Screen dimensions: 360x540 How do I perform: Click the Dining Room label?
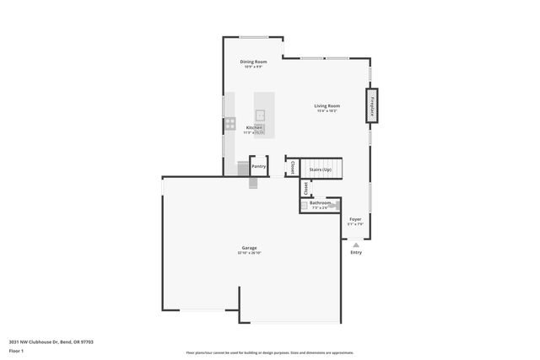(x=253, y=62)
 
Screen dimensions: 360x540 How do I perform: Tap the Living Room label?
(x=327, y=106)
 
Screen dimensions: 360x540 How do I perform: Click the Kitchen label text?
(x=254, y=127)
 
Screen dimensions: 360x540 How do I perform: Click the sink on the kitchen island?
(x=260, y=115)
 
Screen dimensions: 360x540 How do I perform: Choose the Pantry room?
(x=258, y=167)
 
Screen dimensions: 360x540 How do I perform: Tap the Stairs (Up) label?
(x=321, y=169)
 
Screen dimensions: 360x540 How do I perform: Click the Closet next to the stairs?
(x=293, y=168)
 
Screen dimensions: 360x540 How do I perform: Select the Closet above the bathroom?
(x=305, y=188)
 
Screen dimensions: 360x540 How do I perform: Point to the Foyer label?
(x=356, y=219)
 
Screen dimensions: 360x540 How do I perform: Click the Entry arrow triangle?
(x=356, y=244)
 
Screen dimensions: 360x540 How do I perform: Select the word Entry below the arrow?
(x=356, y=252)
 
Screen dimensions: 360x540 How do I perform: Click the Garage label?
(x=249, y=248)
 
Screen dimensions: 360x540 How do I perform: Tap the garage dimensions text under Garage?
(x=249, y=253)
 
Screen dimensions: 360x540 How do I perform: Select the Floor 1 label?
(x=16, y=350)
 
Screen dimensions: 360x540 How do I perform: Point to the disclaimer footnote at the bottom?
(x=270, y=352)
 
